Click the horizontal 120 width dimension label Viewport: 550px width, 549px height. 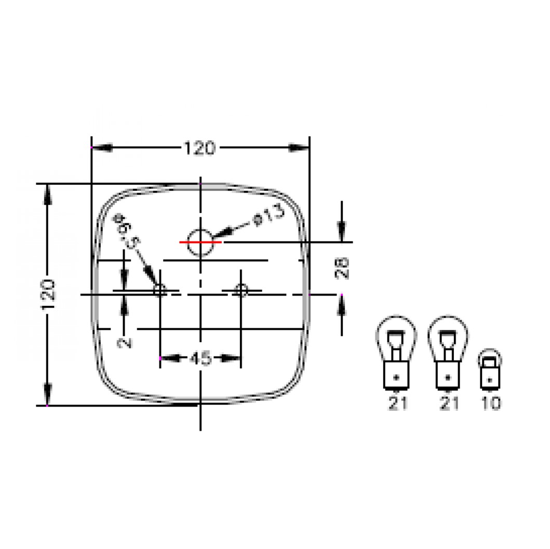(x=199, y=149)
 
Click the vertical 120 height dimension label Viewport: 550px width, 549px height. (x=48, y=294)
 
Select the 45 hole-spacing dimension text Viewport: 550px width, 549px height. (x=200, y=358)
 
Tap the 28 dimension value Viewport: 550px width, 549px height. (x=342, y=269)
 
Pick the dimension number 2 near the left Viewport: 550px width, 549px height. (x=124, y=342)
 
